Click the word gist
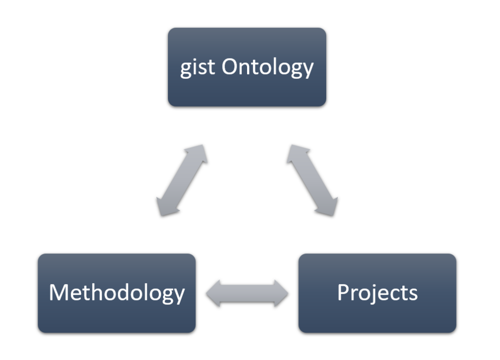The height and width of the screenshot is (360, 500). coord(197,67)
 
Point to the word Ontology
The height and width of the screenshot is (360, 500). coord(268,67)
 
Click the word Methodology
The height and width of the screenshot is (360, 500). coord(117,293)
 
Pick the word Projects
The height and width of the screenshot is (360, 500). coord(377,293)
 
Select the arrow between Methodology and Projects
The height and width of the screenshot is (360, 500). coord(247,294)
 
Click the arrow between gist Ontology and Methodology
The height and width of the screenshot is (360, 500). coord(182,180)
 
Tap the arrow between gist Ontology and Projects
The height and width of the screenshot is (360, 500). coord(312,180)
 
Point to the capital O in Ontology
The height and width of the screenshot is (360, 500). coord(230,67)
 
